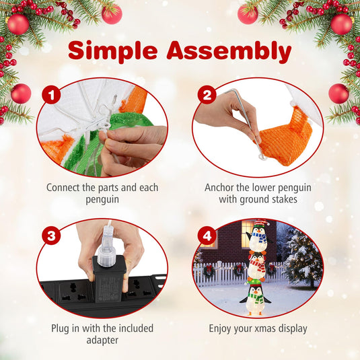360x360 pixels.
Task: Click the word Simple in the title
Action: (113, 51)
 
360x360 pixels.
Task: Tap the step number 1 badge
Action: (51, 95)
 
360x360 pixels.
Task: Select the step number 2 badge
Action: (207, 95)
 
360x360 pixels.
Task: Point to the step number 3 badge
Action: (51, 236)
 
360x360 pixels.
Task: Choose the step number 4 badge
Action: (207, 236)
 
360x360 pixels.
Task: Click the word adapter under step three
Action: (102, 340)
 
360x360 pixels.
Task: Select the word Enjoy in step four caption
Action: (220, 329)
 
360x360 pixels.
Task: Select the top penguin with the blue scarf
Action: (259, 237)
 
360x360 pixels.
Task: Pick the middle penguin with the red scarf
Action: (257, 266)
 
